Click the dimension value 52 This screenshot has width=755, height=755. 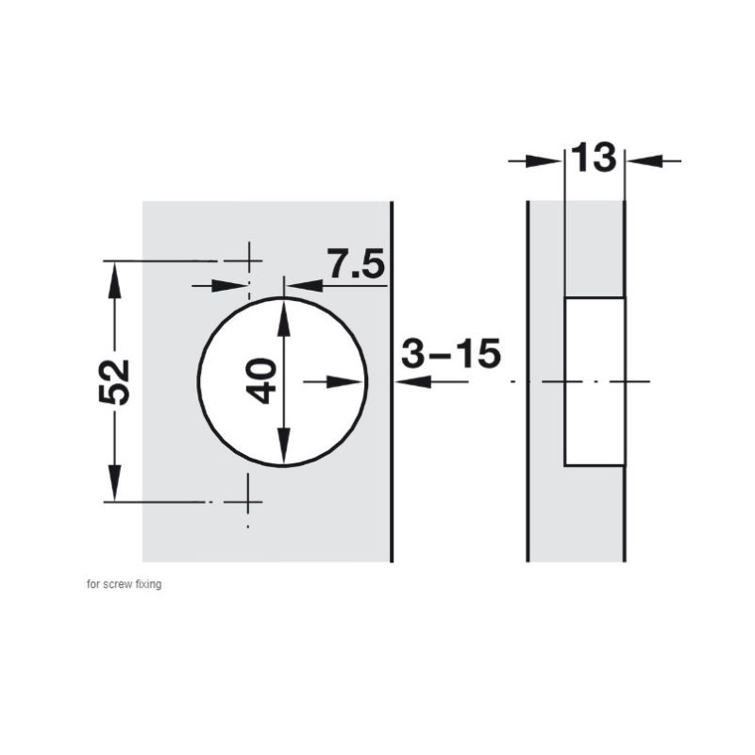click(x=114, y=381)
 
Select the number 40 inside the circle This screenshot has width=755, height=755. click(x=261, y=381)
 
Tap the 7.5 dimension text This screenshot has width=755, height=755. click(x=356, y=263)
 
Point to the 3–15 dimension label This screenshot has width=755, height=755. click(x=451, y=353)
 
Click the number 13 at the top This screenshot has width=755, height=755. click(x=594, y=158)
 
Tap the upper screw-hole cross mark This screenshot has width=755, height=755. click(x=248, y=261)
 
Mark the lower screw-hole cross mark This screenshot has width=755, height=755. click(x=247, y=502)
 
